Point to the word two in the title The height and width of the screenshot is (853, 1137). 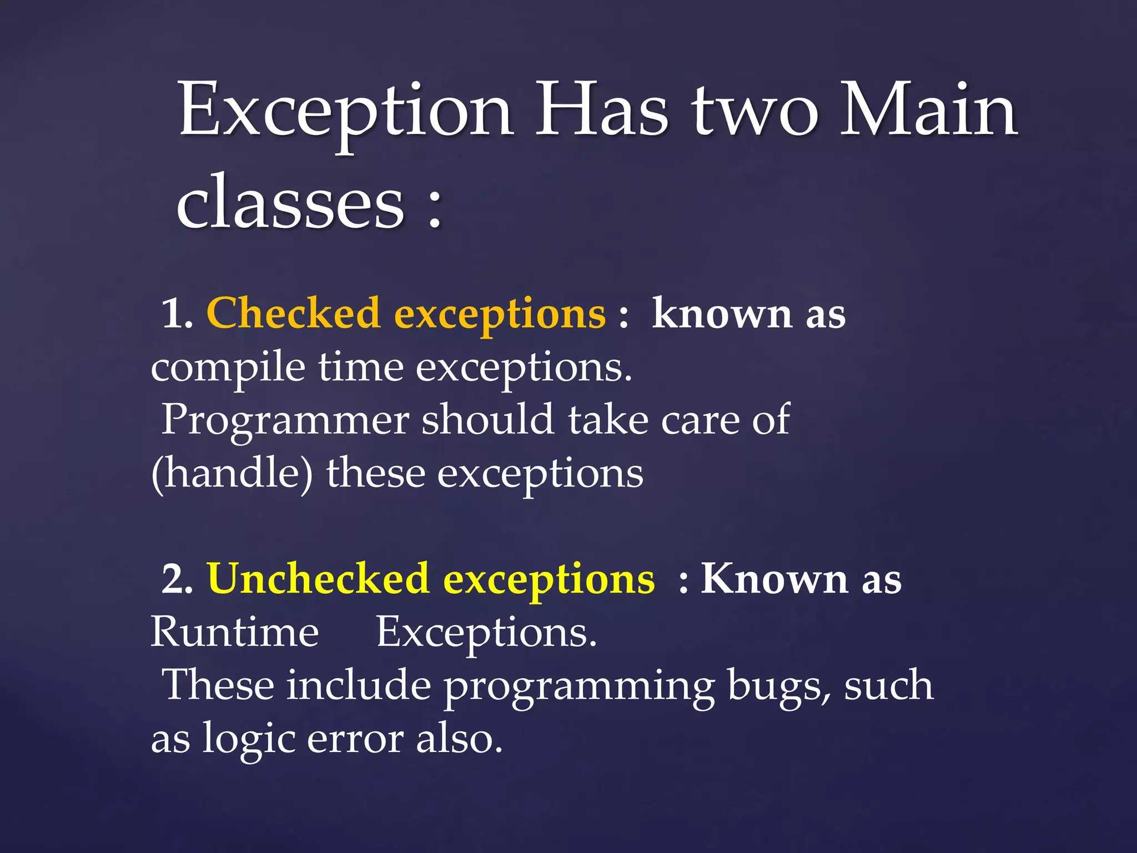pos(755,111)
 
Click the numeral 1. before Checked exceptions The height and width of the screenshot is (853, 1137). pos(177,314)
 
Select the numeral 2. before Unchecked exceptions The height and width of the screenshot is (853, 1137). pos(177,580)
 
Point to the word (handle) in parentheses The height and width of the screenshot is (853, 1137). pos(232,474)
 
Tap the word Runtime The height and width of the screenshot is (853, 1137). pos(235,633)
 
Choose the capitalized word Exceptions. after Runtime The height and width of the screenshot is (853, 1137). pos(486,633)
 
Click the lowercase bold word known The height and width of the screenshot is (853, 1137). pos(722,314)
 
